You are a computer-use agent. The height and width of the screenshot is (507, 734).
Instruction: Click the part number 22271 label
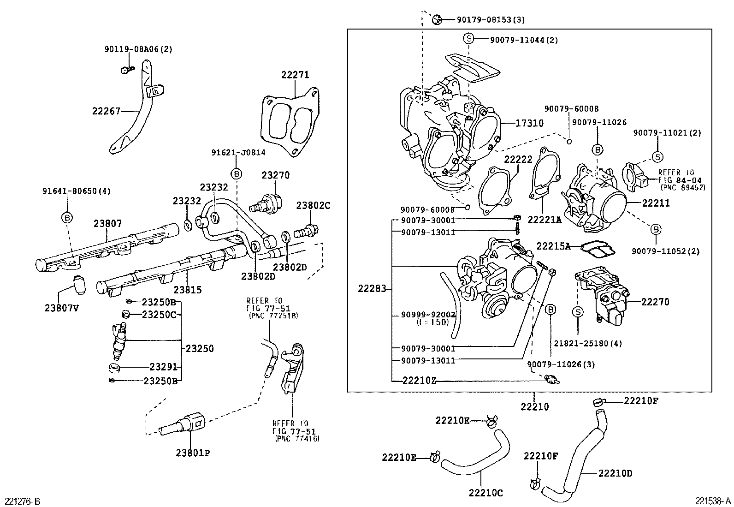(x=295, y=75)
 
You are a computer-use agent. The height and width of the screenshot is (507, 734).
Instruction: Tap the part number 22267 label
(x=106, y=111)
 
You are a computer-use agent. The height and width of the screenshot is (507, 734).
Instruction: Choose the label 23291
(x=163, y=367)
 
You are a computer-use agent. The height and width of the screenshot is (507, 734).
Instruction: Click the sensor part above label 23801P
(x=182, y=423)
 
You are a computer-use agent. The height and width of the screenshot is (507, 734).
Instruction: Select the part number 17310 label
(x=529, y=123)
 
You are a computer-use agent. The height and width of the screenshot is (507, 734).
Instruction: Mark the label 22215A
(x=553, y=246)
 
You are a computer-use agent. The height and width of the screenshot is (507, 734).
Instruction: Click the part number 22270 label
(x=655, y=302)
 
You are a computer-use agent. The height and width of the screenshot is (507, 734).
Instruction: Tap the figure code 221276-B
(x=23, y=501)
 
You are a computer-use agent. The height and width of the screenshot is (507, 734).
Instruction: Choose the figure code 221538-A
(x=713, y=501)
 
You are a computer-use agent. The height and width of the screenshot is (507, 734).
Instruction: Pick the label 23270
(x=276, y=175)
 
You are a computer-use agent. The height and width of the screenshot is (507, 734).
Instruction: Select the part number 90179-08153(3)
(x=491, y=20)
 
